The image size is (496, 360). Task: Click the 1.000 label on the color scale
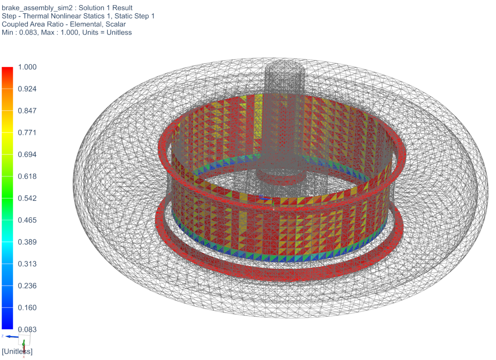(27, 67)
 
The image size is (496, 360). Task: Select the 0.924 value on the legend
(27, 89)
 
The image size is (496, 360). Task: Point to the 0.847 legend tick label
(27, 111)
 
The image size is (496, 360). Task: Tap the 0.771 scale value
(27, 133)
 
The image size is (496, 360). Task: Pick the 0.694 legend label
(27, 154)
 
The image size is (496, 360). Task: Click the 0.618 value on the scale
(27, 176)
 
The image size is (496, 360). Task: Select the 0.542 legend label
(27, 198)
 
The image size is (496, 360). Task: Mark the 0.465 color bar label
(27, 220)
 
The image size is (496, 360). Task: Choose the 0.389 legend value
(27, 242)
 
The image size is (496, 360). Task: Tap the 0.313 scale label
(27, 264)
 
